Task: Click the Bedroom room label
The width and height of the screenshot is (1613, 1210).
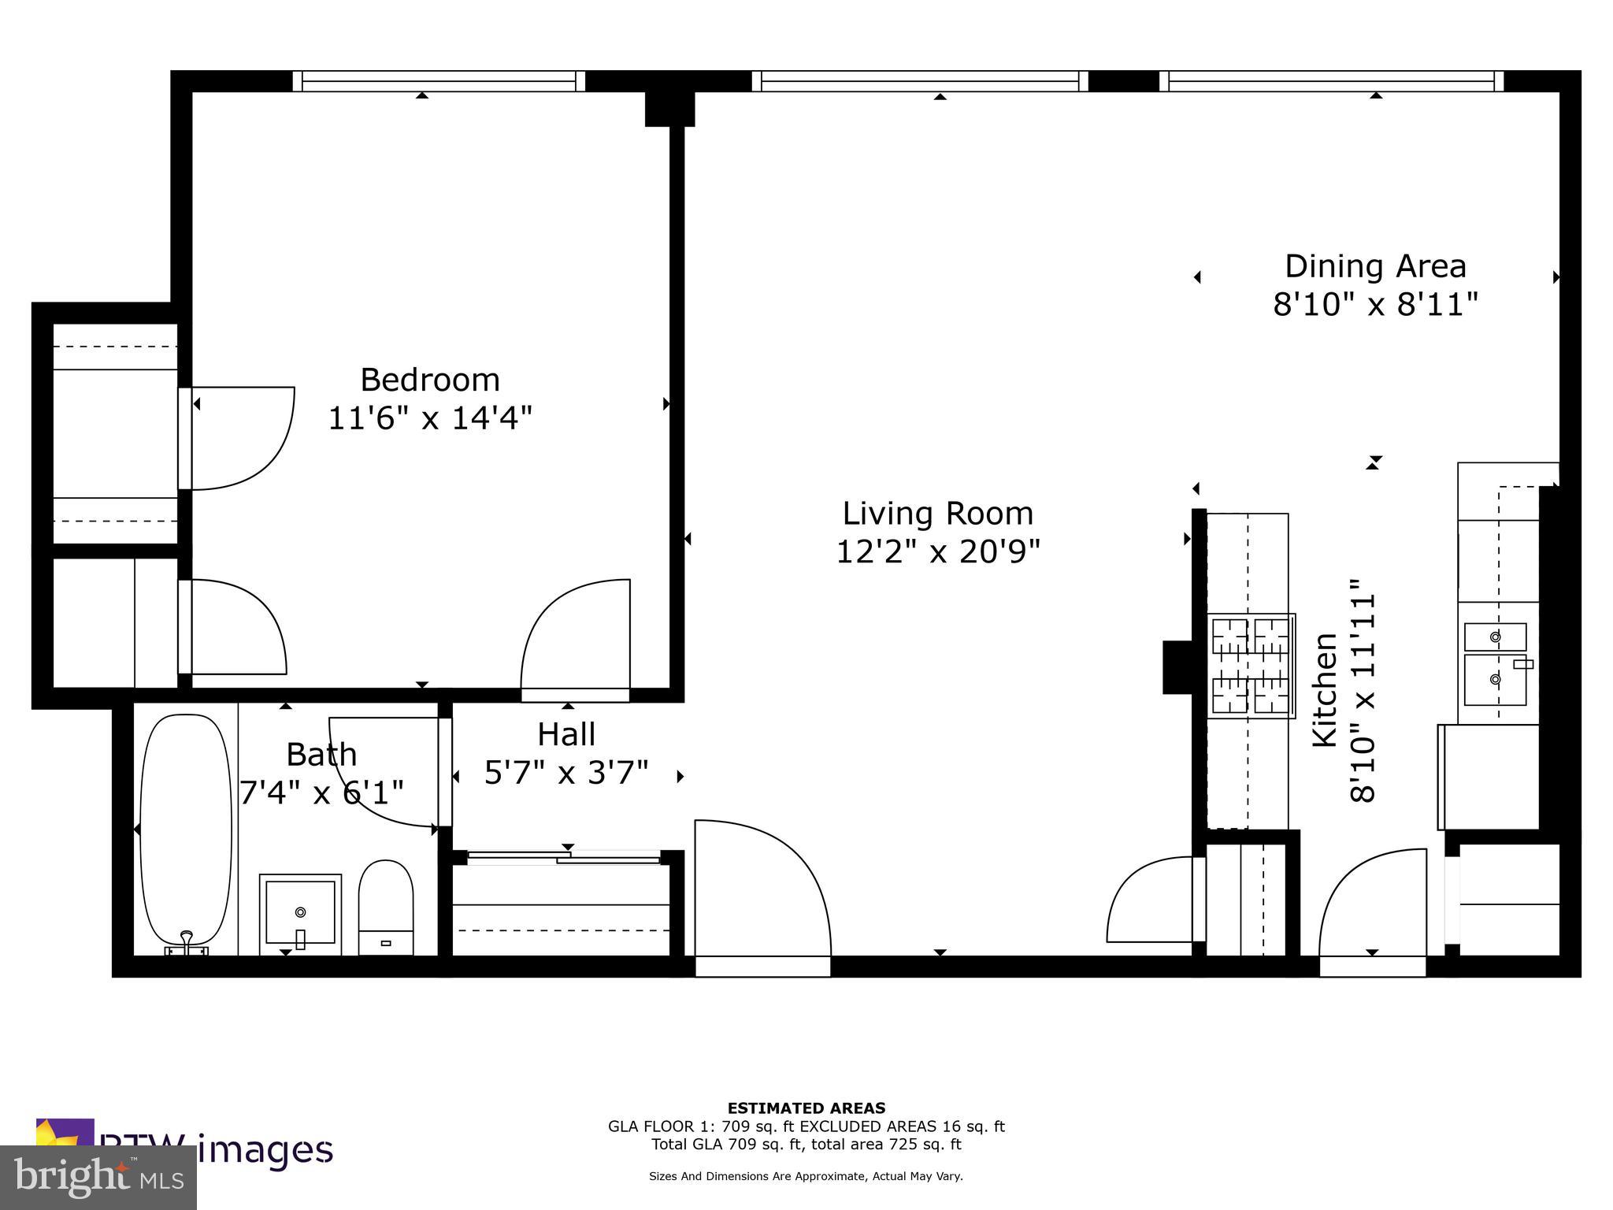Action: click(430, 380)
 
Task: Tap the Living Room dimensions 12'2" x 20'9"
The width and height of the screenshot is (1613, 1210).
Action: click(937, 552)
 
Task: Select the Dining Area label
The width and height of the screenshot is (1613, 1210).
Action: click(1375, 266)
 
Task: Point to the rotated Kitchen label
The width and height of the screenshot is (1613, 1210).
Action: click(1325, 690)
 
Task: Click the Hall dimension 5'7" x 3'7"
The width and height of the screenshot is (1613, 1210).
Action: click(566, 774)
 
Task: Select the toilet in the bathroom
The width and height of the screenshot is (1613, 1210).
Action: click(385, 907)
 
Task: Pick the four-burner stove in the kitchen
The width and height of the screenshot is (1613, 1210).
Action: click(1251, 666)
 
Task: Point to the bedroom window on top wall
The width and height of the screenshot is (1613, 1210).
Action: click(439, 81)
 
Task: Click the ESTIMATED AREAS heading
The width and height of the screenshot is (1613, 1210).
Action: click(806, 1108)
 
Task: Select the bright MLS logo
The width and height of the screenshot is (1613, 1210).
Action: click(98, 1177)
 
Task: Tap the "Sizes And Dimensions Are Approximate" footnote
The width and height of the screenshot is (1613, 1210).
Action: click(806, 1176)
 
